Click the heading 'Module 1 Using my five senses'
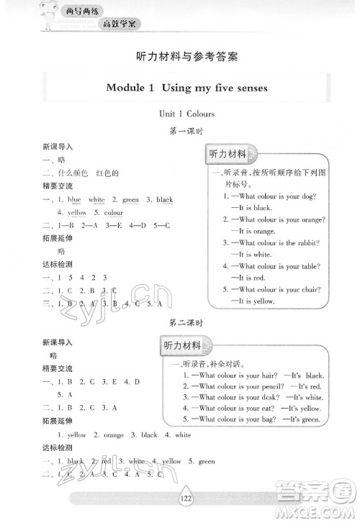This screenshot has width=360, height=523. pos(186,88)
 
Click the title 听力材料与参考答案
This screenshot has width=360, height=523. pos(186,55)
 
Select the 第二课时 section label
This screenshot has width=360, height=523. pos(186,323)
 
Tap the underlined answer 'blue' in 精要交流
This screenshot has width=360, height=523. pos(74,199)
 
